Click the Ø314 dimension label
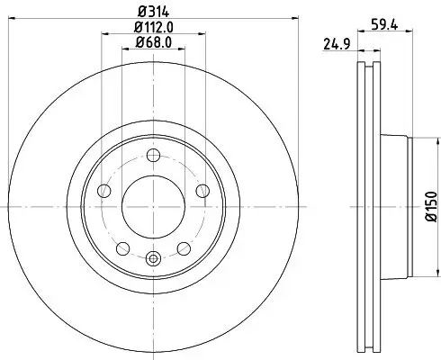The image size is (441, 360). [152, 11]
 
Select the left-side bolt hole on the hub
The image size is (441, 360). [103, 191]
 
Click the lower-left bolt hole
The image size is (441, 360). [121, 247]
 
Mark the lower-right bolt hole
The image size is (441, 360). [183, 247]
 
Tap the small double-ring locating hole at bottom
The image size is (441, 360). [152, 259]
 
